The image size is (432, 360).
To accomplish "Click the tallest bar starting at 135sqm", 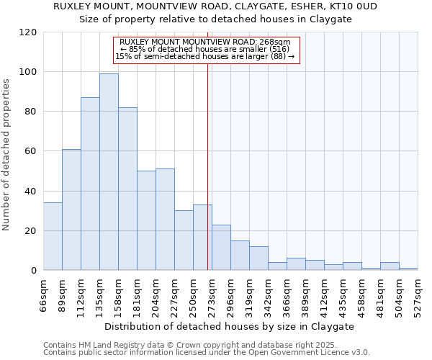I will (x=109, y=172).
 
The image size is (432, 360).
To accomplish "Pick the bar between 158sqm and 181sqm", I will (x=127, y=189).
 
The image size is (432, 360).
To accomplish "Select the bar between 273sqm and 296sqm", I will (x=221, y=248).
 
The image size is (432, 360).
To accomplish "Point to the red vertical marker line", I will (x=207, y=166).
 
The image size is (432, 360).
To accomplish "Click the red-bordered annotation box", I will (x=206, y=50).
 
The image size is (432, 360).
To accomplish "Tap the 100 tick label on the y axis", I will (x=28, y=72).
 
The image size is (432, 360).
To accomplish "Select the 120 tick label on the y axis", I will (x=28, y=32).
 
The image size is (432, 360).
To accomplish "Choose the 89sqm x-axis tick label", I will (x=63, y=294).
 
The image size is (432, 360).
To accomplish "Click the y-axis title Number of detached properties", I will (x=7, y=155).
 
